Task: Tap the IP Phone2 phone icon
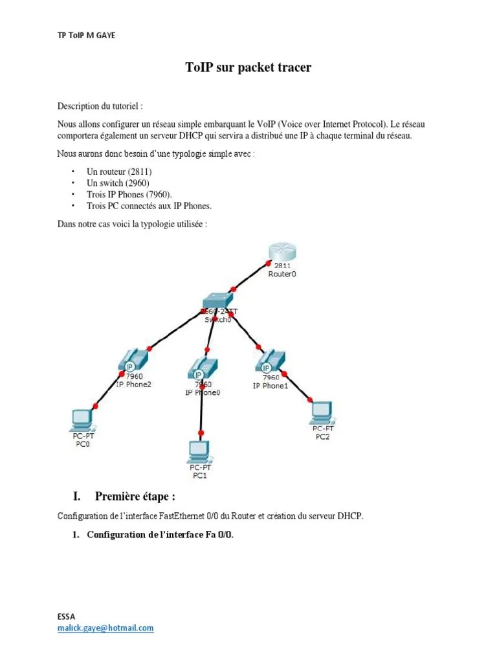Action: [133, 361]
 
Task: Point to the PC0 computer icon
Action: [82, 420]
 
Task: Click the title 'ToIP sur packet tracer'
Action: [248, 67]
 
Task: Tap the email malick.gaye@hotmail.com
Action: [105, 628]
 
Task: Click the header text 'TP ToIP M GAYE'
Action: [86, 35]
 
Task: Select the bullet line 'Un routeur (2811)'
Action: [119, 172]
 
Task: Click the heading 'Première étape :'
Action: [135, 497]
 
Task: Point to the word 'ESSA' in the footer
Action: [66, 617]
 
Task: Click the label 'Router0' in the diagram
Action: [283, 274]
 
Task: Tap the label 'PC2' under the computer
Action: [322, 436]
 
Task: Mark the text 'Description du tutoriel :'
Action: [100, 106]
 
